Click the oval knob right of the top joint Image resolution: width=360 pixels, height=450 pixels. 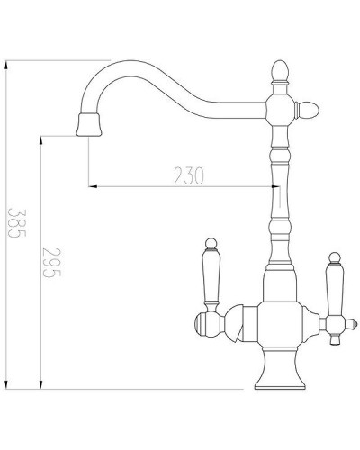click(307, 111)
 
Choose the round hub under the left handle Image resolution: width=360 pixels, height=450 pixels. click(206, 322)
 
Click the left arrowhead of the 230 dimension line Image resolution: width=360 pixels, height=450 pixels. click(91, 186)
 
